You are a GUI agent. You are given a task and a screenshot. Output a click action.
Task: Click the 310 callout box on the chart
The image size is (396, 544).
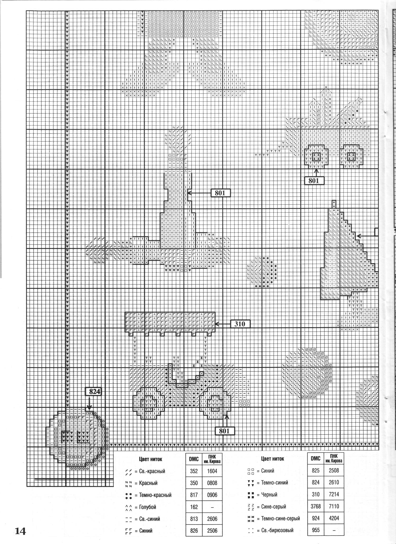click(x=240, y=324)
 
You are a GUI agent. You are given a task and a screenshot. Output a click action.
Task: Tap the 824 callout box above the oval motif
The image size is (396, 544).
click(x=95, y=392)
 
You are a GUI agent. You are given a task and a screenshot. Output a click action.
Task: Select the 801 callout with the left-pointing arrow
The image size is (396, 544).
click(x=220, y=193)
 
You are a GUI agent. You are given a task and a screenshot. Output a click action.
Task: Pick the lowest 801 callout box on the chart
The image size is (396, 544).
click(x=224, y=431)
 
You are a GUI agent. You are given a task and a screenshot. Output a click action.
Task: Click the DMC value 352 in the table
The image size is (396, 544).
click(x=194, y=471)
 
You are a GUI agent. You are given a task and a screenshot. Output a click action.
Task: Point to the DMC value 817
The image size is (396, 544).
click(x=194, y=495)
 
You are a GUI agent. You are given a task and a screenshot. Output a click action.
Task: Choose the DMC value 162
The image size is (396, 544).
click(x=194, y=507)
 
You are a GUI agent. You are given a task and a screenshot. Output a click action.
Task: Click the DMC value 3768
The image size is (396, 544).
click(x=316, y=506)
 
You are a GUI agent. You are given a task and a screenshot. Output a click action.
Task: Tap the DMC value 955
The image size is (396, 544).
click(x=316, y=530)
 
